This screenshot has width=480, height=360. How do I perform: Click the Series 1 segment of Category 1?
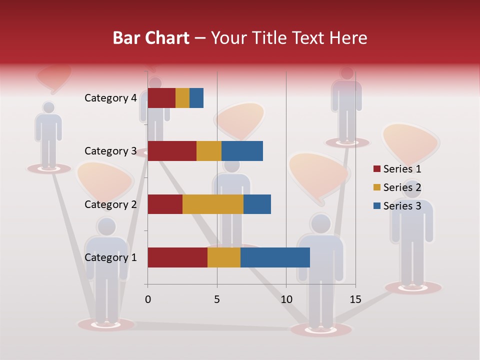click(x=177, y=257)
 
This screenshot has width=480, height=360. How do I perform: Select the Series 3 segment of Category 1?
click(x=275, y=257)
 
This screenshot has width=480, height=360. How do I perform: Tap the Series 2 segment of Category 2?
click(x=213, y=204)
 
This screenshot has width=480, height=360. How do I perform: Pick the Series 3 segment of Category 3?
click(x=242, y=151)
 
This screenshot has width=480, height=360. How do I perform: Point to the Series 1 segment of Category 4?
click(x=161, y=98)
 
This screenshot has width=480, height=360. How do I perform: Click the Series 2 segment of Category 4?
click(x=182, y=98)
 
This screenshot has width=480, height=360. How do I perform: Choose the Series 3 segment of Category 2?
click(x=257, y=204)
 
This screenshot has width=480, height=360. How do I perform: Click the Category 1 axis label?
click(x=110, y=257)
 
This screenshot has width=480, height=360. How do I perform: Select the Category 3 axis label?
click(x=110, y=151)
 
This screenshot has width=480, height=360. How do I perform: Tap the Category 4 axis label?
click(x=110, y=98)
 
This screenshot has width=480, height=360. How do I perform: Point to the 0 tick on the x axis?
click(x=148, y=299)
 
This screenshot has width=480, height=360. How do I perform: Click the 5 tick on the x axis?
click(x=217, y=299)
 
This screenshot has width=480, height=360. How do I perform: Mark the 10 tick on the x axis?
click(x=286, y=299)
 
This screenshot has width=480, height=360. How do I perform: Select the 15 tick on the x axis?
click(x=355, y=299)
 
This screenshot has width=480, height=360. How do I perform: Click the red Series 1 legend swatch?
click(x=376, y=169)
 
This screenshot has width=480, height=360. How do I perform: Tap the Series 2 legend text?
click(x=402, y=187)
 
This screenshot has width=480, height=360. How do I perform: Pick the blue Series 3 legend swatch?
click(x=376, y=206)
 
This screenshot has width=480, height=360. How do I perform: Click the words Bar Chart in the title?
click(x=151, y=37)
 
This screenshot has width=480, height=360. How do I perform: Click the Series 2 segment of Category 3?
click(x=209, y=151)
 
